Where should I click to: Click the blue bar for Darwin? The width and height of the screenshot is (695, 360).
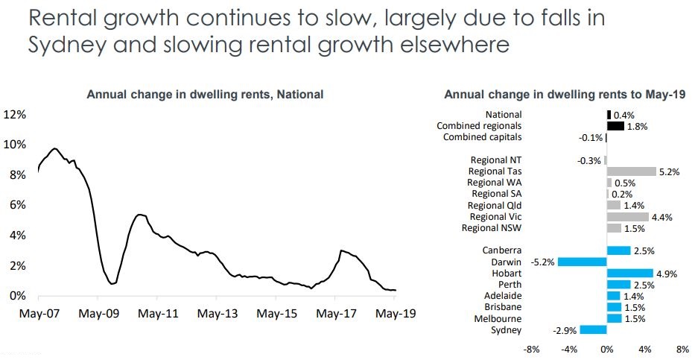click(x=583, y=262)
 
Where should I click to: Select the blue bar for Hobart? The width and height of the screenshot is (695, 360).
click(x=629, y=273)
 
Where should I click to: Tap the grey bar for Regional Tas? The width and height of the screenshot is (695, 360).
click(x=631, y=171)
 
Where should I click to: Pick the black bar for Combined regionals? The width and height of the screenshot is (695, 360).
click(x=615, y=126)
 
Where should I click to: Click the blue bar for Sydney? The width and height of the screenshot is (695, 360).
click(x=594, y=329)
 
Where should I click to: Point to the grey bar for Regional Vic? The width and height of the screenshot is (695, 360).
click(x=627, y=216)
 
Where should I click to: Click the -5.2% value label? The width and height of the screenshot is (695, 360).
click(x=543, y=262)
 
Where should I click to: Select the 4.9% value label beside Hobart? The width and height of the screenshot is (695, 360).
click(x=666, y=274)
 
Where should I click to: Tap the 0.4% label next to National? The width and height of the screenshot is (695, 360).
click(x=623, y=115)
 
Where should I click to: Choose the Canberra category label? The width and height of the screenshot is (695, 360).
click(x=502, y=250)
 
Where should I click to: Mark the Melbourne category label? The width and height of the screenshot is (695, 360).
click(x=499, y=318)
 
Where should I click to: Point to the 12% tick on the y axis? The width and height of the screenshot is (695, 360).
click(x=15, y=114)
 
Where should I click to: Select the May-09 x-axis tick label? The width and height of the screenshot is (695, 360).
click(x=98, y=314)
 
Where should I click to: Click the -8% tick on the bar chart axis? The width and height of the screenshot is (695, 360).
click(x=532, y=349)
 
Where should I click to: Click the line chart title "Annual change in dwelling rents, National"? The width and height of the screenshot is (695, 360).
click(x=206, y=95)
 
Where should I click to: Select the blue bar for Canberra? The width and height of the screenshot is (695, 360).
click(x=618, y=250)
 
